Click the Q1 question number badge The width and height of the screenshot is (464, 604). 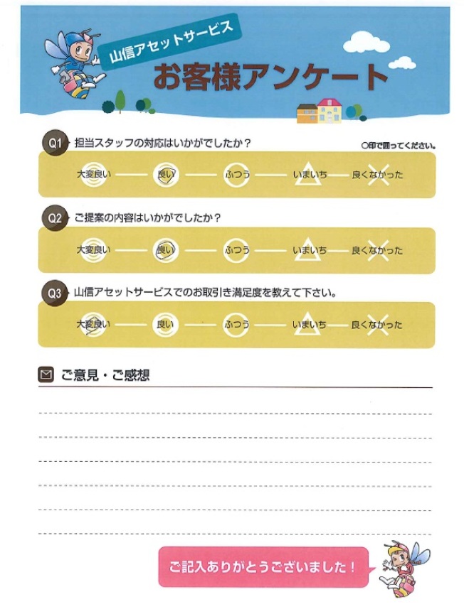pos(56,143)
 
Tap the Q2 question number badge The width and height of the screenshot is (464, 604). pos(56,218)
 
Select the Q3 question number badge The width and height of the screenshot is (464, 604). pos(56,292)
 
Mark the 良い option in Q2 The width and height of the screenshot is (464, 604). pos(165,250)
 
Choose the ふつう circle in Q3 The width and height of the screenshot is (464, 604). pos(236,325)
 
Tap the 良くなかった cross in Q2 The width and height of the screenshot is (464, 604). pos(377,250)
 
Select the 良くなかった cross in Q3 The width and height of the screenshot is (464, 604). pos(377,325)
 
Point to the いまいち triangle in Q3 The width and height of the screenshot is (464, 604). pos(308,325)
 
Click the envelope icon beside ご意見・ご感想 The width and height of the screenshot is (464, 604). pos(46,374)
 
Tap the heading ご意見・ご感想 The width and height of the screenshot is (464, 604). pos(105,375)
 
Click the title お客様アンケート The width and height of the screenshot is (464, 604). pos(270,77)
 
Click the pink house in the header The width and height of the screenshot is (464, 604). pos(329,112)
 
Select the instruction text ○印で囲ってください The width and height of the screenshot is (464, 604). pos(399,145)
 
